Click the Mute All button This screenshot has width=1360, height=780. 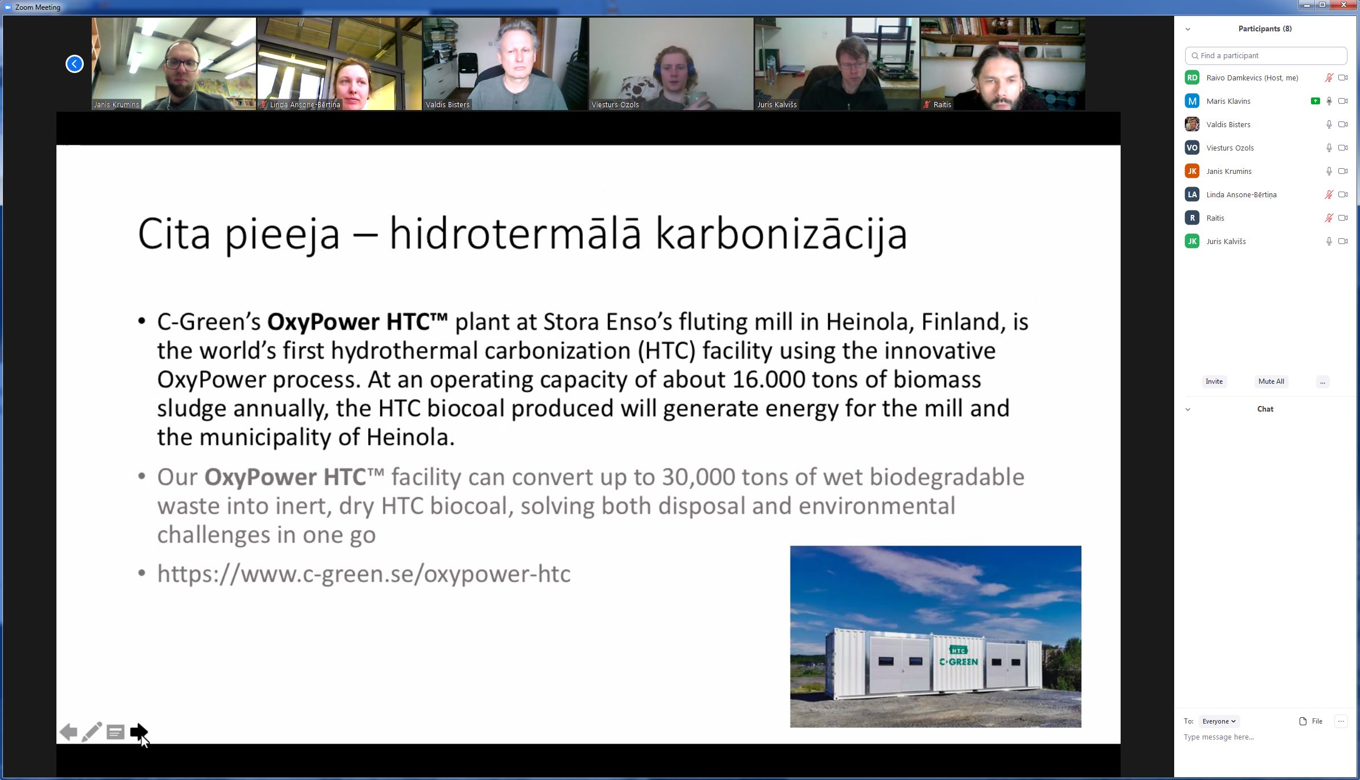[1271, 381]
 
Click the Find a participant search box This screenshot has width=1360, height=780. [1266, 56]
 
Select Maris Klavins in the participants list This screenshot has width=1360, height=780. [1228, 101]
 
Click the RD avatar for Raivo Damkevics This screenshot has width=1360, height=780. [1192, 78]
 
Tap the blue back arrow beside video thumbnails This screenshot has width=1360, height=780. [75, 64]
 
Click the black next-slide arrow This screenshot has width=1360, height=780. [139, 732]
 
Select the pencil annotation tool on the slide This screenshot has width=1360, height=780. [92, 732]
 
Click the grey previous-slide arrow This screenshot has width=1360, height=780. [68, 732]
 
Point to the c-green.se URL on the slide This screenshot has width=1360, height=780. [364, 574]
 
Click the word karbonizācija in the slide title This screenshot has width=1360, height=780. [781, 234]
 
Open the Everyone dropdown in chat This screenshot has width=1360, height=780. [1219, 721]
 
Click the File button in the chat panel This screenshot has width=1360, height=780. [1311, 721]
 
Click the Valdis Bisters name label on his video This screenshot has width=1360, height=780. [447, 105]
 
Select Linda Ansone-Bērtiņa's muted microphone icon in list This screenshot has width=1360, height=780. [1329, 194]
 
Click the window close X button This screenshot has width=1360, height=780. [1344, 5]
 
